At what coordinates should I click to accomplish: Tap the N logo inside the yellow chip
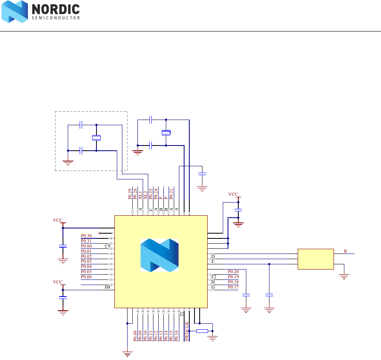tap(159, 256)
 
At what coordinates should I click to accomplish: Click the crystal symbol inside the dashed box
tap(96, 138)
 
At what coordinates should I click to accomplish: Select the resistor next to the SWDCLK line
tap(202, 330)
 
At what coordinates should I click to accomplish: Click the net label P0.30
tap(86, 236)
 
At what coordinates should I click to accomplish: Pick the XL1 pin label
tap(140, 194)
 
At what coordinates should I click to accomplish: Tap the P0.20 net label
tap(233, 271)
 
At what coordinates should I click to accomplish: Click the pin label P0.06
tap(86, 277)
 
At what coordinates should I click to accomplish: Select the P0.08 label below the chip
tap(136, 336)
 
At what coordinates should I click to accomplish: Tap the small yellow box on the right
tap(316, 259)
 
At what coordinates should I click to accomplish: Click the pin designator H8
tap(107, 287)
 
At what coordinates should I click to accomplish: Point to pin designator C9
tap(107, 246)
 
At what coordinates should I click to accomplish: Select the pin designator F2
tap(214, 277)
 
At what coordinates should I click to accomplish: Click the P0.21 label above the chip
tap(171, 194)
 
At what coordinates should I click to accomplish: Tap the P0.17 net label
tap(233, 287)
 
